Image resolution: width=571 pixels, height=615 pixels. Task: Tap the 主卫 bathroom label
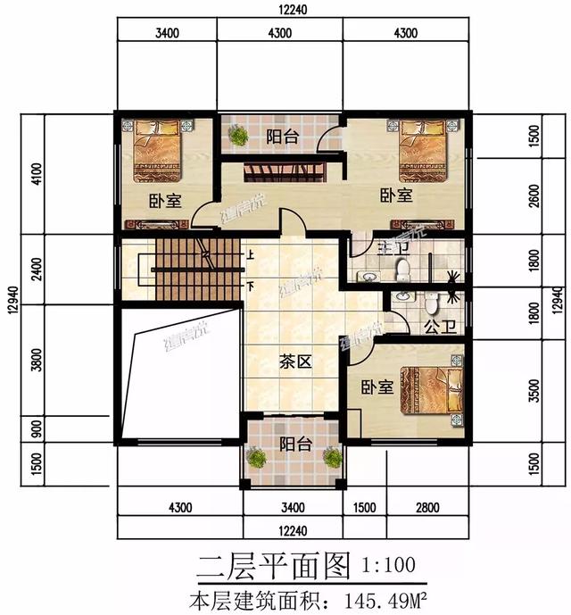coord(390,246)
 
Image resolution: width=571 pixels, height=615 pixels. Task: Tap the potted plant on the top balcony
coord(238,136)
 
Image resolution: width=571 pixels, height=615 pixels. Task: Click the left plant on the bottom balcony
coord(257,459)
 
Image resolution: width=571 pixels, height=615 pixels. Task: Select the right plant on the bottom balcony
coord(332,458)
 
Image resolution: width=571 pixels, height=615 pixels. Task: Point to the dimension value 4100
coord(35,171)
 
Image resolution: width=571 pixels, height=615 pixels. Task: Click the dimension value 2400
coord(35,267)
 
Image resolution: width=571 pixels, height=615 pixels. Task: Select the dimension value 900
coord(35,429)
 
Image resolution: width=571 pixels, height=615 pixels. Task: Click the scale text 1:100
coord(388,564)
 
